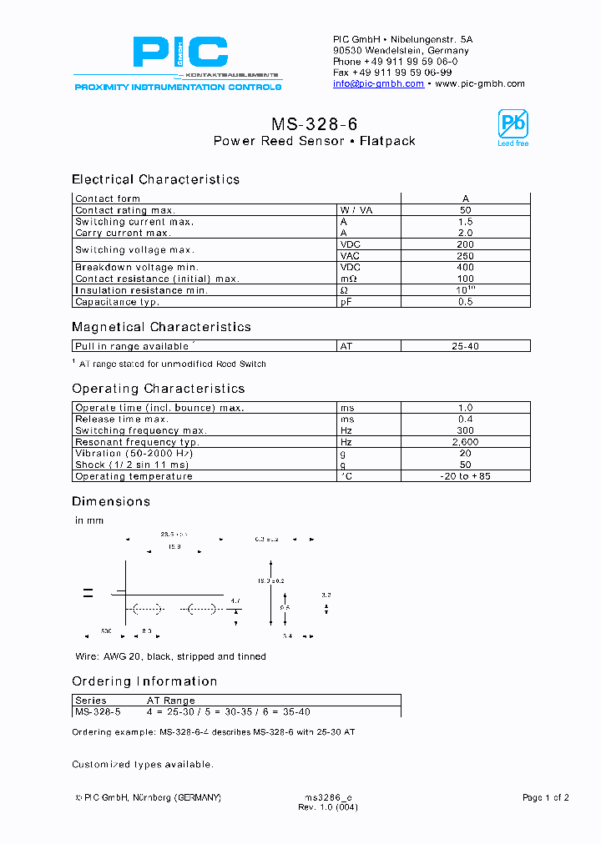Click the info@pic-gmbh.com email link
[x=378, y=83]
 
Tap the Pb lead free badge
[x=513, y=128]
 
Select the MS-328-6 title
[x=314, y=123]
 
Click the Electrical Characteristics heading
[x=155, y=179]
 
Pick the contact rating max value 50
[x=465, y=210]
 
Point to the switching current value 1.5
[x=465, y=222]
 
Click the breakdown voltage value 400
[x=465, y=268]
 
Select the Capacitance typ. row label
[x=117, y=302]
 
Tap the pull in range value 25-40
[x=465, y=345]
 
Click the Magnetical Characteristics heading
[x=161, y=327]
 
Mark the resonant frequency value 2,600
[x=465, y=442]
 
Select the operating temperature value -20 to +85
[x=465, y=476]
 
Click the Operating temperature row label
[x=134, y=476]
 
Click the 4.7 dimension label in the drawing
[x=235, y=600]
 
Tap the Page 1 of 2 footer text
[x=545, y=798]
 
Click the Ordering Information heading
[x=144, y=681]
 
